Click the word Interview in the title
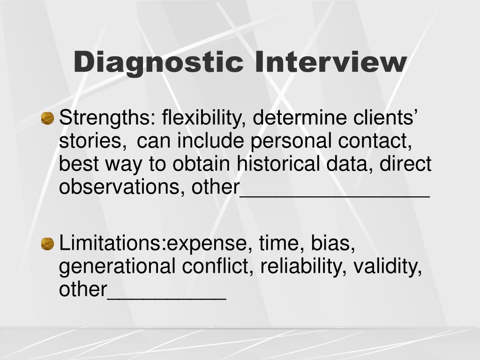point(330,62)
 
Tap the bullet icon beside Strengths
point(47,119)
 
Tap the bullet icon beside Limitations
point(47,244)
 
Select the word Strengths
point(104,118)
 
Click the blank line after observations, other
point(335,193)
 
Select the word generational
point(117,267)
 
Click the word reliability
point(303,267)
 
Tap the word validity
point(388,267)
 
